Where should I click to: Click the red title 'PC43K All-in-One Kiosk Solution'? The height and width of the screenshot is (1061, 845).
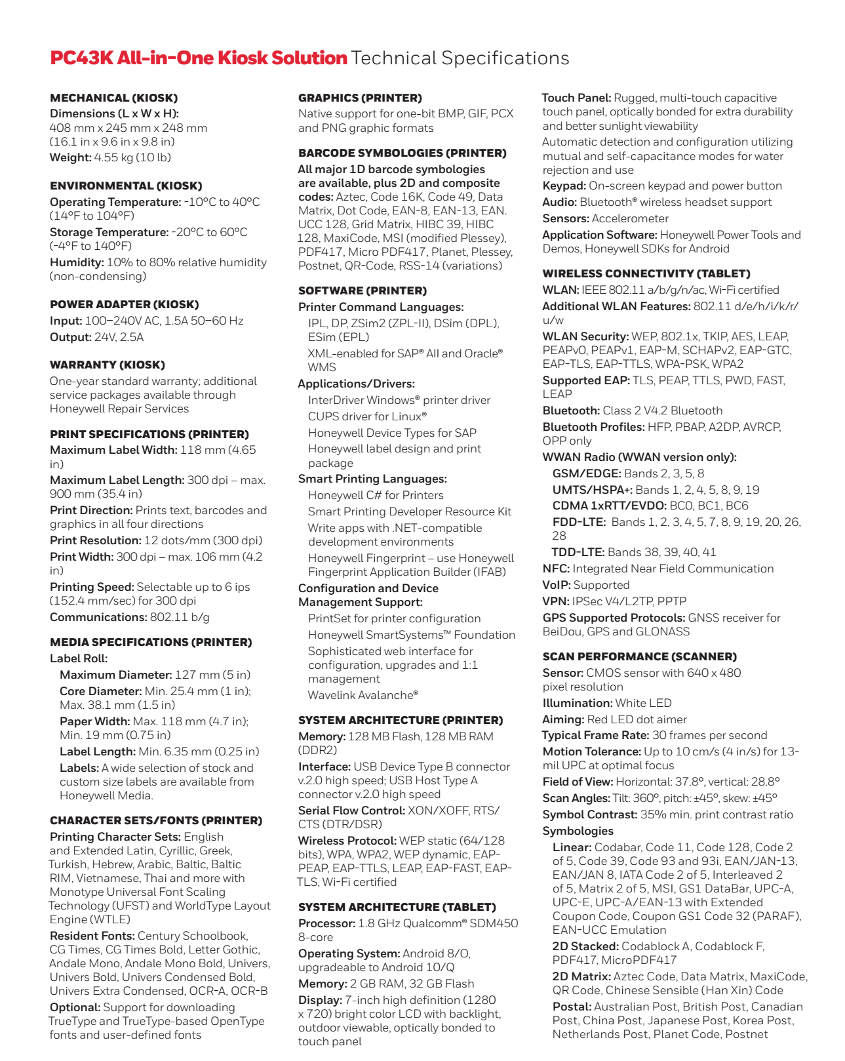click(x=199, y=58)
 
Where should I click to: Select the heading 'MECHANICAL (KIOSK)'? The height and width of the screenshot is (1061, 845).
click(x=113, y=98)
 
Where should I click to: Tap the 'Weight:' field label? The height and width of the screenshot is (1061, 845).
click(x=70, y=157)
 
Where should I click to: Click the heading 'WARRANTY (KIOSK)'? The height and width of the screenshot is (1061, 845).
click(x=107, y=365)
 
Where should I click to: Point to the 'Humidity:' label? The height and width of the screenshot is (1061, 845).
click(x=77, y=262)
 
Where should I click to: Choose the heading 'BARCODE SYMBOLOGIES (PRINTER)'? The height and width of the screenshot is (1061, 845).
click(x=402, y=153)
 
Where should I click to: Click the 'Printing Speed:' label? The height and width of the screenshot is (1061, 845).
click(x=92, y=587)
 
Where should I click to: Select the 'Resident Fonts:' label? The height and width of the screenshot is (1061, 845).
click(x=92, y=936)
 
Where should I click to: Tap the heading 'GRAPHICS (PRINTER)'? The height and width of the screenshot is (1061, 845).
click(x=360, y=98)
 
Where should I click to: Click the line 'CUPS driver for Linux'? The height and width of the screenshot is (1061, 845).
click(x=367, y=416)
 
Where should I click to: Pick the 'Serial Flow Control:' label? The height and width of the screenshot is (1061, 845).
click(x=351, y=811)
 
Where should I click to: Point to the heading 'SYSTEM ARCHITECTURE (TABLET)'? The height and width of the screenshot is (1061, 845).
click(x=397, y=907)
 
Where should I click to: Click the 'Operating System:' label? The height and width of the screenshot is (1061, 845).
click(x=349, y=953)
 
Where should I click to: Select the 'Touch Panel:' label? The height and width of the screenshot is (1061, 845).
click(x=576, y=98)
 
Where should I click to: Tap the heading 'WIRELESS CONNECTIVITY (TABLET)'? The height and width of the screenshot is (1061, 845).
click(x=646, y=273)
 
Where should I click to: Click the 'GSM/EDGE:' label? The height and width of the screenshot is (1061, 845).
click(x=586, y=473)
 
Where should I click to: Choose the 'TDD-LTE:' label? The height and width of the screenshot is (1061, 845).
click(x=578, y=552)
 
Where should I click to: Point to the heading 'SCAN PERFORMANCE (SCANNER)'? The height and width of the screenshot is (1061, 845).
click(x=639, y=656)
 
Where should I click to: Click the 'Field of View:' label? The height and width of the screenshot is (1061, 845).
click(x=578, y=782)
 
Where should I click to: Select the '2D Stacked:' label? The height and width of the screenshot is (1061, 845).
click(x=585, y=946)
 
